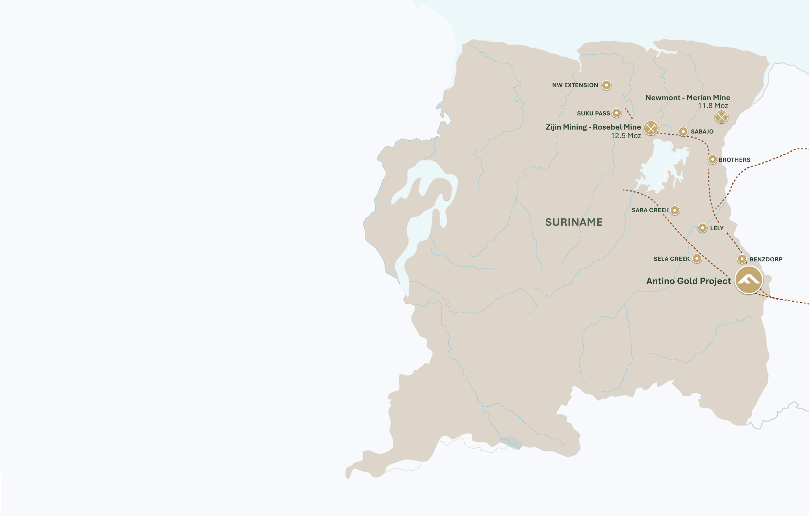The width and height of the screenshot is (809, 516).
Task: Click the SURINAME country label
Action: (x=574, y=222)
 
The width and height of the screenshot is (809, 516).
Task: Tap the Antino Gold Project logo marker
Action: (x=749, y=280)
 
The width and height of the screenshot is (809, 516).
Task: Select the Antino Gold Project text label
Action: (x=688, y=281)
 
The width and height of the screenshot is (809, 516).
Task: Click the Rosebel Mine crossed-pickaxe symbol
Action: (x=651, y=128)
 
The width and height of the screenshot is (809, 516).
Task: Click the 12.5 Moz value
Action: (x=626, y=136)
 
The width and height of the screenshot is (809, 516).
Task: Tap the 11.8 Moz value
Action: (x=713, y=106)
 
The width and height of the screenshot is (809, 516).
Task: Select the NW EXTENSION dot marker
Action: (x=606, y=85)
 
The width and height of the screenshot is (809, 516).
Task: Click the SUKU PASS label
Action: (x=593, y=113)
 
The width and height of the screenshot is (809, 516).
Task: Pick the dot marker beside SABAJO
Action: (x=683, y=131)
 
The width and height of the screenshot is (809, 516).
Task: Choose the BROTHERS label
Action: (x=734, y=160)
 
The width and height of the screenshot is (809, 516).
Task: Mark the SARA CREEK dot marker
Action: (x=675, y=210)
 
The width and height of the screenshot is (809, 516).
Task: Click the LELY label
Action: (x=717, y=228)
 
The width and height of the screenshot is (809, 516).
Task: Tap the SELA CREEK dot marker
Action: (x=697, y=258)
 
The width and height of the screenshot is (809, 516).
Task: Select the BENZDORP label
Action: (x=766, y=259)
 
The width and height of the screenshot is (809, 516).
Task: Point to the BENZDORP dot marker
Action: (x=742, y=259)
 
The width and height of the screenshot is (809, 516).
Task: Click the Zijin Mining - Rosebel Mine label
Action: (x=593, y=127)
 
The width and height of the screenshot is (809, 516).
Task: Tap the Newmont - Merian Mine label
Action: (x=688, y=98)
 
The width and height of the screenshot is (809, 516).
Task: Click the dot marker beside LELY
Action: (x=702, y=228)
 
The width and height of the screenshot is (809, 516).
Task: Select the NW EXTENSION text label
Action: (x=575, y=85)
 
